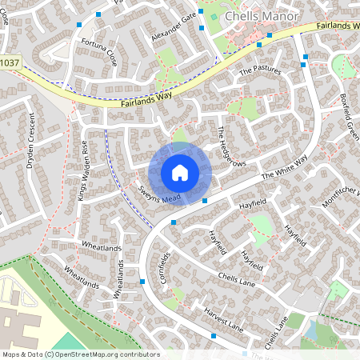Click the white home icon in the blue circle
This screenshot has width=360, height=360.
pyautogui.click(x=179, y=172)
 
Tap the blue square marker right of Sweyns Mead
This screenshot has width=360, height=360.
pyautogui.click(x=206, y=199)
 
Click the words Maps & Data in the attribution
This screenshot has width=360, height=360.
pyautogui.click(x=21, y=354)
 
